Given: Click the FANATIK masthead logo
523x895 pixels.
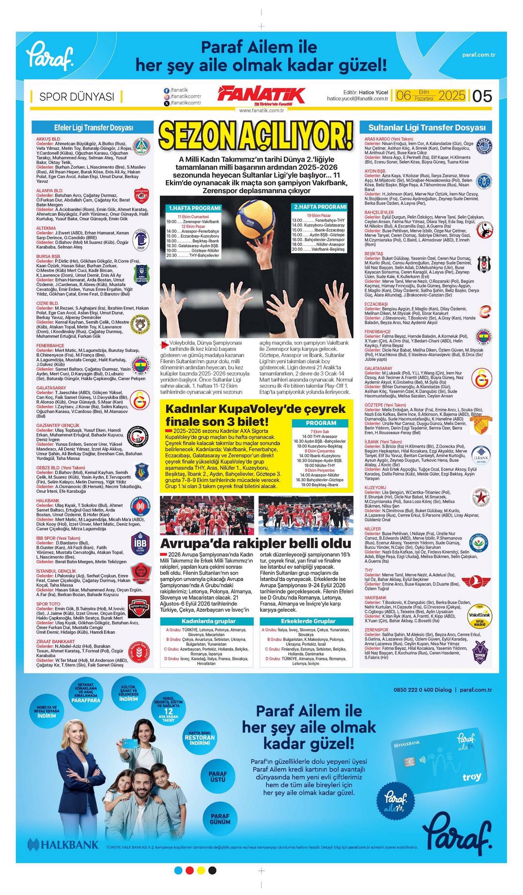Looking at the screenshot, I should coord(261,95).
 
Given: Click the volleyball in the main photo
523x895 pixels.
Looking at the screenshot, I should coord(255,220).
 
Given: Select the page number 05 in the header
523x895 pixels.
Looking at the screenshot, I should coord(482,96).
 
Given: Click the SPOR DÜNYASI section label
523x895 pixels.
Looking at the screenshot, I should coord(77,96).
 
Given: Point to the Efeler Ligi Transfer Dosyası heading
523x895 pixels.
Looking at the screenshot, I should coord(93,128).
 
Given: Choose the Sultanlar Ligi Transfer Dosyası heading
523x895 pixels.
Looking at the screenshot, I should coord(427,128).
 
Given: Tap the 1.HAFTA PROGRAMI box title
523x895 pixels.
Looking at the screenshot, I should coord(194,208).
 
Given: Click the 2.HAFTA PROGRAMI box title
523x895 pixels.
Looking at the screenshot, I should coord(320,207).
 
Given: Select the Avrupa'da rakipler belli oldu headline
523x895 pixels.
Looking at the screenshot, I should coord(255,543).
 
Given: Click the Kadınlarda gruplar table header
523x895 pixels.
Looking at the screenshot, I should coord(208,621).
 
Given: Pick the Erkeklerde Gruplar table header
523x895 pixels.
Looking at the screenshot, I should coord(308,621).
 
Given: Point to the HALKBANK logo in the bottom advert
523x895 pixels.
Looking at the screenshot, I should coord(63,845).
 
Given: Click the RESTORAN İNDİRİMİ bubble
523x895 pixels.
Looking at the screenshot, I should coord(200,738).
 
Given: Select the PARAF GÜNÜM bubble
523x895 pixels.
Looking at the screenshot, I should coord(220,819).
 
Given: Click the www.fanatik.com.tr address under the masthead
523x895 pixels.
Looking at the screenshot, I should coord(261,110).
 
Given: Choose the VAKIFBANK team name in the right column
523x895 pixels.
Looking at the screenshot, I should coord(376,598).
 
